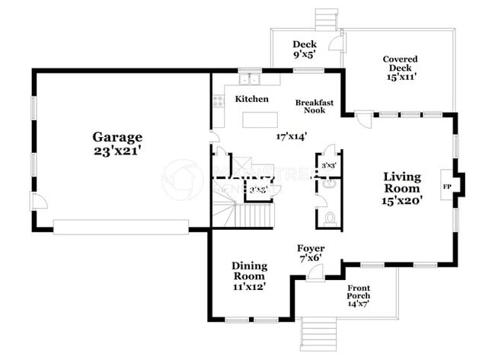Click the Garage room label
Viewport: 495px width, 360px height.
click(117, 137)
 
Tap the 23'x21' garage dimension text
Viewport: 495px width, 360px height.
click(117, 151)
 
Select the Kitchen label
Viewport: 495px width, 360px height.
click(251, 100)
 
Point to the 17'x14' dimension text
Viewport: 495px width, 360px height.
click(291, 137)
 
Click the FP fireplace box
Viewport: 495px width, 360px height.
click(446, 186)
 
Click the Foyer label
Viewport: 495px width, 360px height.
click(311, 249)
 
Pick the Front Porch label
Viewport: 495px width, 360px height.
click(359, 292)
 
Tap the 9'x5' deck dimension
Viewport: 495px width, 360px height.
click(304, 55)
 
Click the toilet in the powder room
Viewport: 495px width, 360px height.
click(329, 219)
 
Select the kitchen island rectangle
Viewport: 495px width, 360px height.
click(263, 120)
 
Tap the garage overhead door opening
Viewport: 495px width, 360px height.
click(120, 227)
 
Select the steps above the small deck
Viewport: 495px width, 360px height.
click(325, 19)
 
